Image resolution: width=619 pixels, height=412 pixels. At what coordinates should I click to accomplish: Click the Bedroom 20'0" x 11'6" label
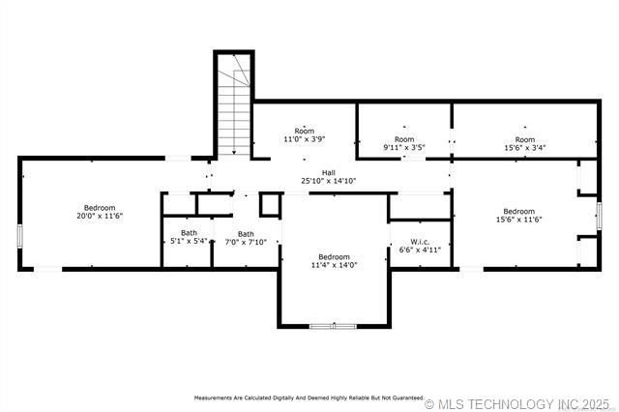point(99,212)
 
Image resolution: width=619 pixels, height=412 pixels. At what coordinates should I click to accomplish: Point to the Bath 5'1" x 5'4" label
point(189,237)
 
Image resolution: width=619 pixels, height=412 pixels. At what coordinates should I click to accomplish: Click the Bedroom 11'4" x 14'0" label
point(334,260)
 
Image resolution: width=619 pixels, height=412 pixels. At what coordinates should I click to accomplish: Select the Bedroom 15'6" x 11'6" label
point(518,215)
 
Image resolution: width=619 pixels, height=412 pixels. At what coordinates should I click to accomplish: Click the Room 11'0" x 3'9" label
point(305,135)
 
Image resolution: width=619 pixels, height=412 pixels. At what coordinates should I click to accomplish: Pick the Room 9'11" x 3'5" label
point(404,143)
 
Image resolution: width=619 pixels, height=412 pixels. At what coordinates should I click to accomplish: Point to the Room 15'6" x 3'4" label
point(525,143)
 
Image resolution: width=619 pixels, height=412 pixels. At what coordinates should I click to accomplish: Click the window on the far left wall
point(20,236)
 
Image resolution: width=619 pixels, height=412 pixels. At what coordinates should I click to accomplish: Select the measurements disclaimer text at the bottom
point(309,397)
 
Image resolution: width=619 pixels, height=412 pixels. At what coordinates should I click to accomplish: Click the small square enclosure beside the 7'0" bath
point(270,204)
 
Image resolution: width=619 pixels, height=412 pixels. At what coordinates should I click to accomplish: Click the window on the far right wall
point(599,213)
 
